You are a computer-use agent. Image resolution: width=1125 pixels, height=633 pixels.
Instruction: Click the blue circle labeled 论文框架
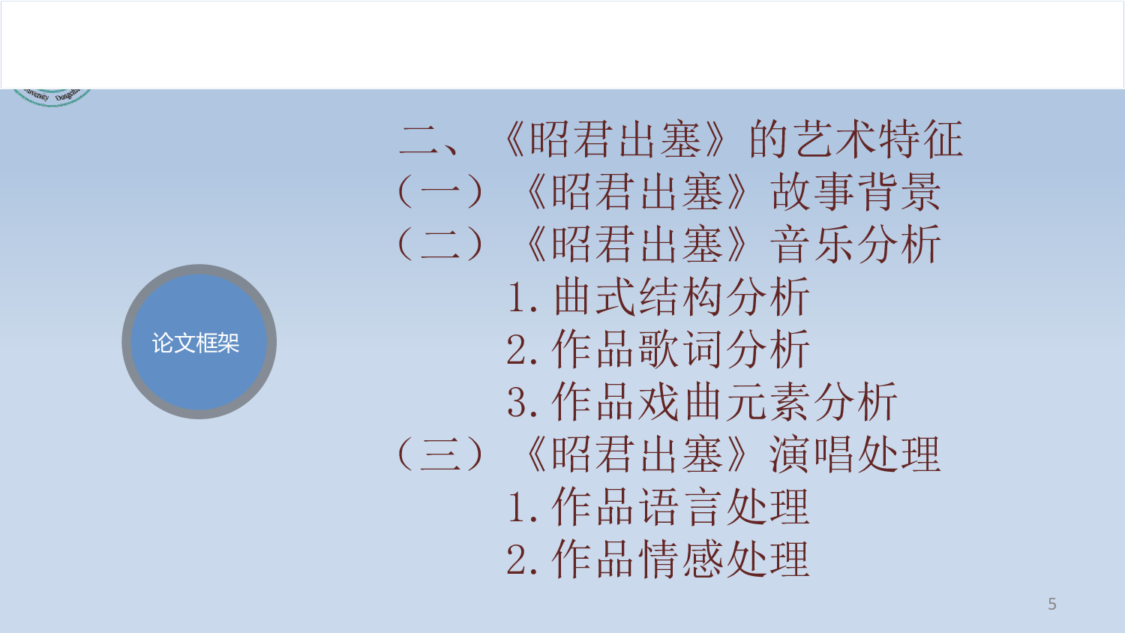pos(199,342)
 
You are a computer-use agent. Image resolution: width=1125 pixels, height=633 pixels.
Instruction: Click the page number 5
pos(1052,604)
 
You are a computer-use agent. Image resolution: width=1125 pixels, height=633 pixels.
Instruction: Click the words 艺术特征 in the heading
pos(877,139)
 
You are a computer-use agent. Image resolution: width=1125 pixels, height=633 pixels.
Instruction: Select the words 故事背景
pos(855,192)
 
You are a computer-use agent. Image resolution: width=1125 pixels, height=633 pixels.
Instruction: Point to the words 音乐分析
pos(855,244)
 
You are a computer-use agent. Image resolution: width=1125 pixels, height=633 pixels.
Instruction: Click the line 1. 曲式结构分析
pos(658,297)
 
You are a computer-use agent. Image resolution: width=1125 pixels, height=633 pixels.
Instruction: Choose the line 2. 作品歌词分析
pos(658,349)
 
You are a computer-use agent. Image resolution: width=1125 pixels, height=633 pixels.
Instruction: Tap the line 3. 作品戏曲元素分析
pos(702,402)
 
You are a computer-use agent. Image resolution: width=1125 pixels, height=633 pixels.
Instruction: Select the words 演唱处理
pos(855,454)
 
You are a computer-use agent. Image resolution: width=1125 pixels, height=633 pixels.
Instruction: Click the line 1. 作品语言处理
pos(658,507)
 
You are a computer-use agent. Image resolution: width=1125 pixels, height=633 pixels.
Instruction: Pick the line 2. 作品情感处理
pos(658,559)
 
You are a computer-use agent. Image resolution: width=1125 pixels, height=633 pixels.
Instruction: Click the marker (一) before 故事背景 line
pos(440,192)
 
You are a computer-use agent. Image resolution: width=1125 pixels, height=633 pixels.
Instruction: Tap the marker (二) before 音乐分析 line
pos(440,244)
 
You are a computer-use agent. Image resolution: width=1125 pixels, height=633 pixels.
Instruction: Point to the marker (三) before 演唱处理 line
pos(440,454)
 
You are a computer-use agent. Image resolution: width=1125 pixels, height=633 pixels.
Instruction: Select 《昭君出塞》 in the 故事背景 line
pos(637,192)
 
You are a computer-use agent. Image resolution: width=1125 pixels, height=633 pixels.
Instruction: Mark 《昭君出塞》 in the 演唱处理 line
pos(637,454)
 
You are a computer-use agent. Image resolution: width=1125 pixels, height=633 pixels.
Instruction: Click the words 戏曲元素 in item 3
pos(724,402)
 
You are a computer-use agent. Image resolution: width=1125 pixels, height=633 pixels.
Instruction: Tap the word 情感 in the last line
pos(681,559)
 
